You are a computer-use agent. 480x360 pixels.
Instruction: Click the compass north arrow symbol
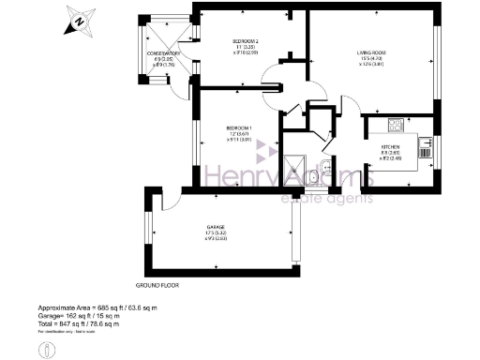tap(81, 18)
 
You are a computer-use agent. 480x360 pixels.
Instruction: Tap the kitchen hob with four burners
tap(396, 125)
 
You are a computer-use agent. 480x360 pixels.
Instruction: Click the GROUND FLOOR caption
tap(157, 284)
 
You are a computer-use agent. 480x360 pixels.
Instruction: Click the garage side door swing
tap(170, 200)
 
